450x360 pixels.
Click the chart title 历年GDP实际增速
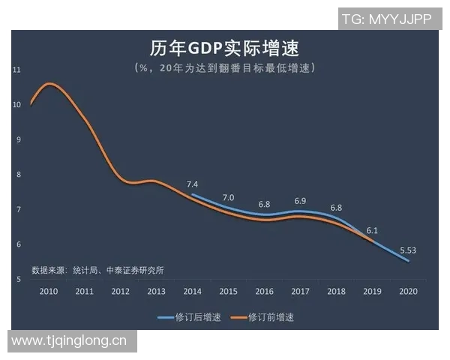point(224,49)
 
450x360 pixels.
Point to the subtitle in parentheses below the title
point(224,68)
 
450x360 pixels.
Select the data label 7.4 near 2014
point(192,184)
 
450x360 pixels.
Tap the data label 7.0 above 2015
point(228,197)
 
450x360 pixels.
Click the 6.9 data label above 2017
point(300,201)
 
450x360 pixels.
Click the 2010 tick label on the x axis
point(49,291)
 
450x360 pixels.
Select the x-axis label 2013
point(156,291)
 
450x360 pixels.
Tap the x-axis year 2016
point(264,291)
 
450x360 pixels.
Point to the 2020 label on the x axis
point(408,291)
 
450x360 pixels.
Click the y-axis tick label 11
point(16,70)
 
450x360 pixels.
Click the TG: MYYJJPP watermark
point(385,19)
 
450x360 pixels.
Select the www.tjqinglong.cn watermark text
point(69,341)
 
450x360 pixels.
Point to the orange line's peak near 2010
point(49,84)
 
